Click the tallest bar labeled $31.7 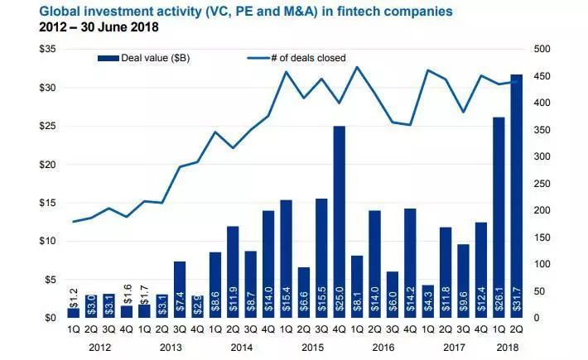[515, 196]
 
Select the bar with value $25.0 [339, 222]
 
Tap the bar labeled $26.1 [499, 217]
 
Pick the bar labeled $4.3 [427, 301]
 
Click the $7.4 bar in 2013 [179, 289]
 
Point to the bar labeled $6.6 [304, 292]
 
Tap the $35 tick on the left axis [46, 50]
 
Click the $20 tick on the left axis [46, 165]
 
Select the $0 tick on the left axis [50, 318]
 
